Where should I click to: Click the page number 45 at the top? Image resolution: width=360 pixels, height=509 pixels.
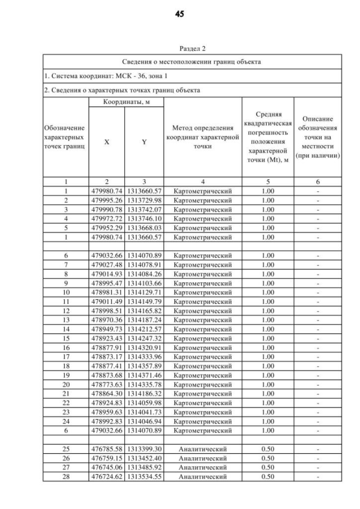coord(180,14)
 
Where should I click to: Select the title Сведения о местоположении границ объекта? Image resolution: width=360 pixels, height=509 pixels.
coord(192,61)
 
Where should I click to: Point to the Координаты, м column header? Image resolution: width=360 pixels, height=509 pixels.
coord(125,103)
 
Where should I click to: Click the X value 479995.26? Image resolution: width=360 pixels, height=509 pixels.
coord(107,200)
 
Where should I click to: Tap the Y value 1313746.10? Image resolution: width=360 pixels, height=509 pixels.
coord(144,218)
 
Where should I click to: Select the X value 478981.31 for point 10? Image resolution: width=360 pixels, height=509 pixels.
coord(107,292)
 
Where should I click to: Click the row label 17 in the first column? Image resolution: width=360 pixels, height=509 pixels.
coord(65,357)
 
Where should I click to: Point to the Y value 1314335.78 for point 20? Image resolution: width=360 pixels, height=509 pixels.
coord(144,385)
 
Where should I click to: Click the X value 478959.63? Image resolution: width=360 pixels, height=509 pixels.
coord(107,412)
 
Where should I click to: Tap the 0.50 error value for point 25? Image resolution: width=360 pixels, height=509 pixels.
coord(268,449)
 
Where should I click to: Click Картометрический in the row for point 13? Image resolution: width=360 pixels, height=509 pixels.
coord(202,320)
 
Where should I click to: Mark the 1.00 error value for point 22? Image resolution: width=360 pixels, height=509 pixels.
coord(268,403)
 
